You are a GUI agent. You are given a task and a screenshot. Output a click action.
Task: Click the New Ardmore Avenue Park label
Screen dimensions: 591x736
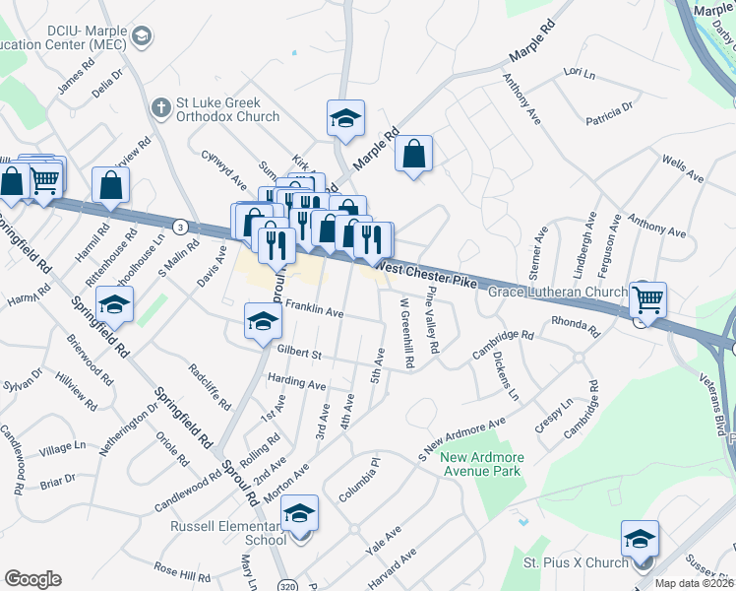pos(482,464)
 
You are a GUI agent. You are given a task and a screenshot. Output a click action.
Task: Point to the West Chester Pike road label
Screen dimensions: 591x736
pos(428,274)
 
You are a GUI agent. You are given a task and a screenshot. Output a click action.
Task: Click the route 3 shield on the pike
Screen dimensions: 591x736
pos(179,227)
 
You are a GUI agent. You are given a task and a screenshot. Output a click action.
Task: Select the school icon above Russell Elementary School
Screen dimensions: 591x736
pos(300,512)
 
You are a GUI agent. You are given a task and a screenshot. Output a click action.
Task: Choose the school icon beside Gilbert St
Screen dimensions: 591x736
pos(263,320)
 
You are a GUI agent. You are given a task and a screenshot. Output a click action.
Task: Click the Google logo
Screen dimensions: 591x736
pos(32,579)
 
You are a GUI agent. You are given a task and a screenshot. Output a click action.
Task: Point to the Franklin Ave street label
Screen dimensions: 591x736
pos(313,312)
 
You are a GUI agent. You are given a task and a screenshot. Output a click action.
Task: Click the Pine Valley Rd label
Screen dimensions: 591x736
pos(431,321)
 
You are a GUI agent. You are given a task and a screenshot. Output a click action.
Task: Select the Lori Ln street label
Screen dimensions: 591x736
pos(580,73)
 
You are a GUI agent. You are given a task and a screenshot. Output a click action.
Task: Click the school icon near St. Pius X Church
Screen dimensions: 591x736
pos(640,539)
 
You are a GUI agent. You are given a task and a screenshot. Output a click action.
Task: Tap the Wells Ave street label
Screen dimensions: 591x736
pos(683,169)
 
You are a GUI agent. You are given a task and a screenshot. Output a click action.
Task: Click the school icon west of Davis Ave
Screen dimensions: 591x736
pos(115,305)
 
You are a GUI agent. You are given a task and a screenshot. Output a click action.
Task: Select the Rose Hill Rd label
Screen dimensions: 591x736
pos(182,571)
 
